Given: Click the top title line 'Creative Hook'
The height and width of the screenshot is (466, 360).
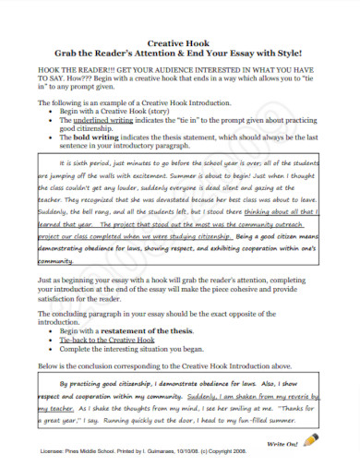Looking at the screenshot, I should point(179,42).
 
